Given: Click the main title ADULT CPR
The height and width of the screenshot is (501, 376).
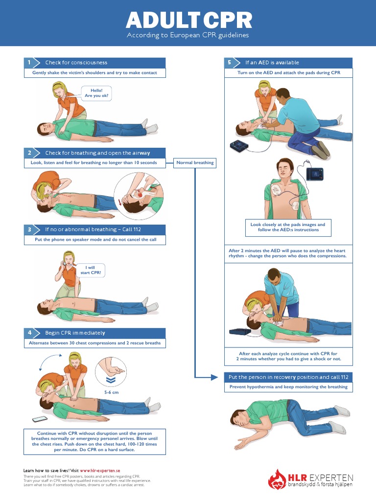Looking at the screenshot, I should pos(189,20).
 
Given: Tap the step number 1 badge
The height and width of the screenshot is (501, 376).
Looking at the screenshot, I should pos(29,63).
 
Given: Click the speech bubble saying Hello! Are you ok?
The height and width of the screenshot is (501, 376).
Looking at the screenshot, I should pos(96,93).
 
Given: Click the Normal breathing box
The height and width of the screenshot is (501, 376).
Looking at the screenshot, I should pos(195,162).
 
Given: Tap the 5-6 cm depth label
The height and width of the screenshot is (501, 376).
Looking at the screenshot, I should pos(112,392).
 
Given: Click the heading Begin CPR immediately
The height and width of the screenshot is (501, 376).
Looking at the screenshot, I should pos(75,333).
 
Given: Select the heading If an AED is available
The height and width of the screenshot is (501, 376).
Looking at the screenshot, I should pos(272,63).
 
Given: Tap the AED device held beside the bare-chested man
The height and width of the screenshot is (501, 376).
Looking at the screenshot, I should pos(314,173).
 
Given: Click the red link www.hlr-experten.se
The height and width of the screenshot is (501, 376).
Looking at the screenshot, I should pos(100,470).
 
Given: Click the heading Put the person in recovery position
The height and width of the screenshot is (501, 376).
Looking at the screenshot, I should pos(288,377).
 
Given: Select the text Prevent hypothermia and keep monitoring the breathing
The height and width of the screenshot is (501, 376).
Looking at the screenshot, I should pos(288,387).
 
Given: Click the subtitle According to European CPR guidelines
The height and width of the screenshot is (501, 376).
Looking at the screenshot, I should pos(188,35).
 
